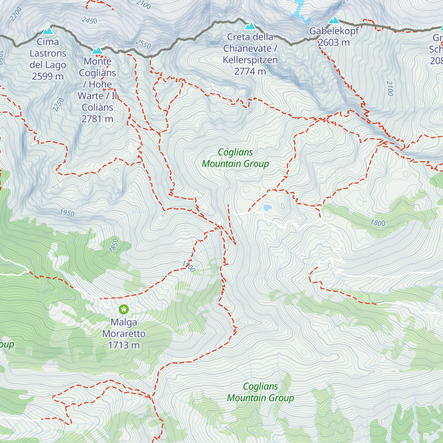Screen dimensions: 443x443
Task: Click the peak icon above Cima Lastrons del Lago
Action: click(48, 31)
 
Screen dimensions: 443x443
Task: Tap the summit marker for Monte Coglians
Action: click(97, 50)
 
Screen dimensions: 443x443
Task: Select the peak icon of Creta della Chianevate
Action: click(250, 26)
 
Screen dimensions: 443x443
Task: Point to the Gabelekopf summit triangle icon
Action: click(334, 20)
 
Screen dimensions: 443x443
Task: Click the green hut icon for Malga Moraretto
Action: click(124, 309)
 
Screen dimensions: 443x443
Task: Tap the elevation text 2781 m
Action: click(97, 119)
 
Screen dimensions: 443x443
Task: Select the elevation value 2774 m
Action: click(250, 71)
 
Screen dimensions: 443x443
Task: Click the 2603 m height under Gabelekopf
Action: click(334, 42)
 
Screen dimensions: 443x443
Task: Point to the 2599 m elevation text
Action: click(48, 76)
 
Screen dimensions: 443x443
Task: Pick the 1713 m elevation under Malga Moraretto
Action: click(124, 345)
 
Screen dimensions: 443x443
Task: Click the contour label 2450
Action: click(89, 21)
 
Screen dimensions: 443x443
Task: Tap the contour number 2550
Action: click(143, 44)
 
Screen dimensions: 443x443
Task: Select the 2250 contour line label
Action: click(58, 105)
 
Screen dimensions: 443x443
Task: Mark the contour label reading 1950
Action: click(67, 213)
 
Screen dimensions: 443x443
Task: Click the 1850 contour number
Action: click(114, 246)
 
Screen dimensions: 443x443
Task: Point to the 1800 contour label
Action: click(378, 223)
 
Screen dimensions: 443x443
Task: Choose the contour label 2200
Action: click(16, 14)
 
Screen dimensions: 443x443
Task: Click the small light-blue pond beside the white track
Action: click(267, 208)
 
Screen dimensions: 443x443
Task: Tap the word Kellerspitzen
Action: click(250, 60)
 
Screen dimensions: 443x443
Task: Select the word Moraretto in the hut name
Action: click(124, 334)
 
